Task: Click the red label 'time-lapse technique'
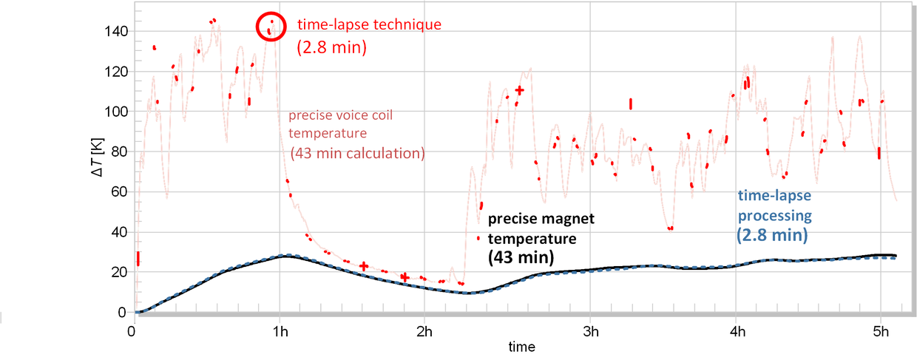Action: coord(369,24)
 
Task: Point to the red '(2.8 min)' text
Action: coord(332,47)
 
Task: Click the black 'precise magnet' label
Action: coord(541,220)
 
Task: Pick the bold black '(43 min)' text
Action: coord(521,258)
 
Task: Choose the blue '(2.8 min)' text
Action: coord(771,235)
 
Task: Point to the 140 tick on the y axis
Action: coord(118,32)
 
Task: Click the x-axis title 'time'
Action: coord(521,346)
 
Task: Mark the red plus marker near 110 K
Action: coord(520,90)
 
